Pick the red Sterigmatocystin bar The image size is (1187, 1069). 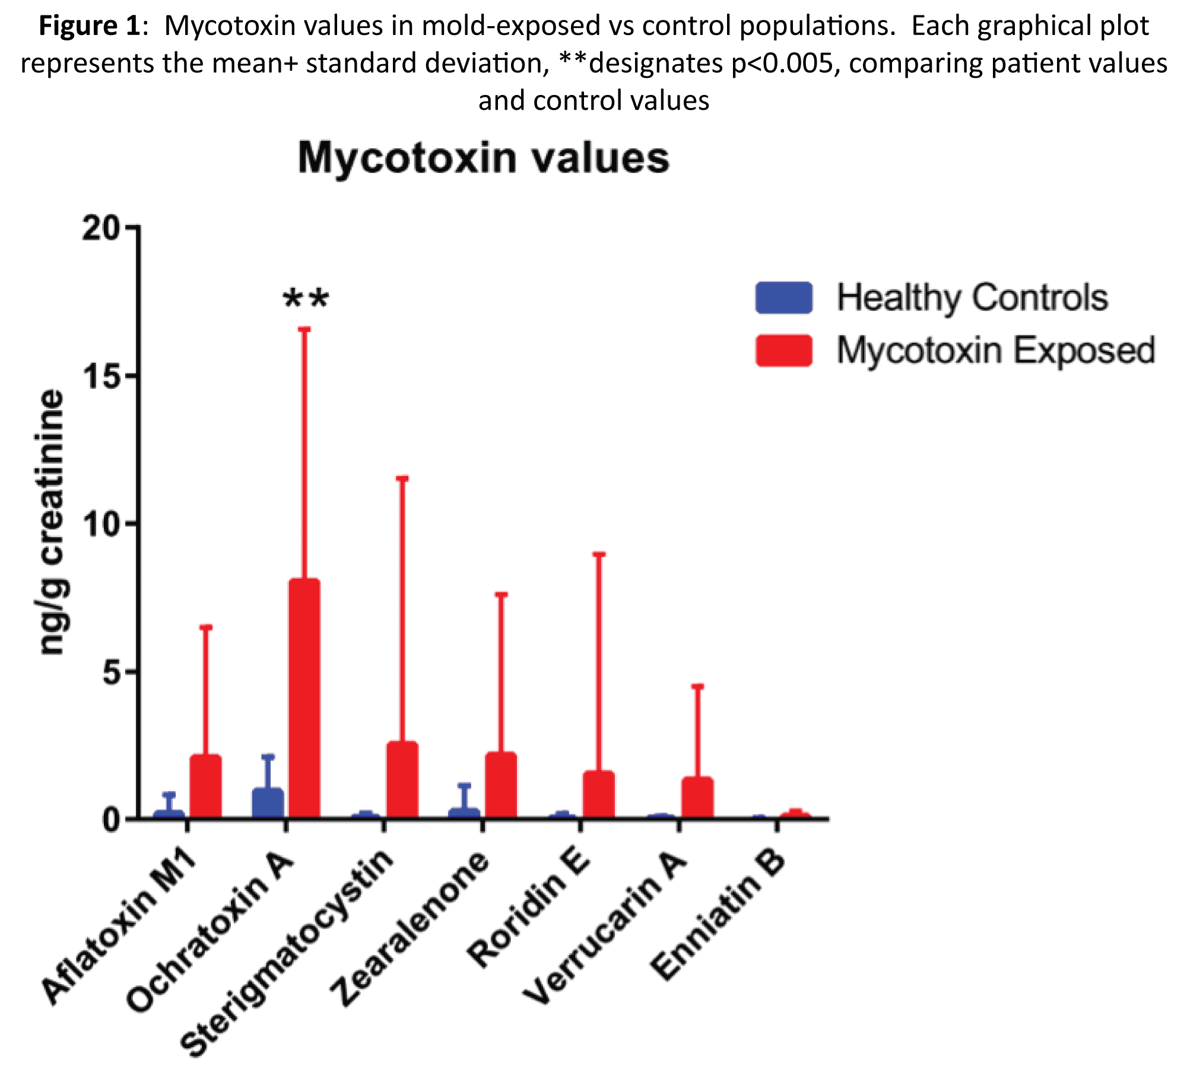click(x=402, y=780)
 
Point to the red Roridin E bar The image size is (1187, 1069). click(x=599, y=795)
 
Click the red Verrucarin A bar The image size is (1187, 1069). click(x=697, y=798)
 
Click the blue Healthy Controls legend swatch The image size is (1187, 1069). click(x=783, y=297)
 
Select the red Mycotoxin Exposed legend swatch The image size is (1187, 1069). click(x=783, y=350)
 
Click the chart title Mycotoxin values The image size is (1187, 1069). click(x=483, y=158)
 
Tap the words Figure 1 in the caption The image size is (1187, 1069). click(x=89, y=26)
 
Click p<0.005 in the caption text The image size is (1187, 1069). click(x=785, y=64)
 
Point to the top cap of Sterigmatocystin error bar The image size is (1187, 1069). click(x=402, y=478)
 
